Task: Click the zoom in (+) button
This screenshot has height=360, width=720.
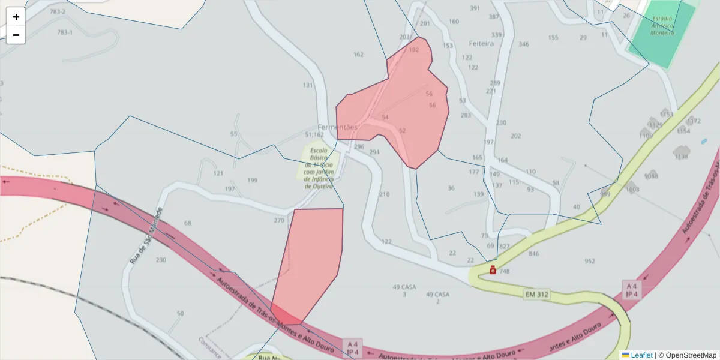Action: pyautogui.click(x=16, y=17)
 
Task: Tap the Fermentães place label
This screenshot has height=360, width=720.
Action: pyautogui.click(x=337, y=127)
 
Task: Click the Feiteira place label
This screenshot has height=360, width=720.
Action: pyautogui.click(x=481, y=44)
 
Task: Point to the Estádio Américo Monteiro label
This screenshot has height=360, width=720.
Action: pyautogui.click(x=662, y=25)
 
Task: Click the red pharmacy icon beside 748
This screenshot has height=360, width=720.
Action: pyautogui.click(x=493, y=271)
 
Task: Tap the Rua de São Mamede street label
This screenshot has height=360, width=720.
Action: pyautogui.click(x=146, y=236)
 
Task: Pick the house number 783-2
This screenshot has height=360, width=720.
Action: pyautogui.click(x=58, y=11)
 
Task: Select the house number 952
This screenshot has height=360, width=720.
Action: pyautogui.click(x=590, y=261)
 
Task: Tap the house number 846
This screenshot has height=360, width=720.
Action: pyautogui.click(x=533, y=254)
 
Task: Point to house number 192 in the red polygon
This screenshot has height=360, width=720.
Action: pyautogui.click(x=413, y=50)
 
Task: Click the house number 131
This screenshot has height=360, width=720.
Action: pyautogui.click(x=308, y=85)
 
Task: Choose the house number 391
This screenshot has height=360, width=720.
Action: pyautogui.click(x=475, y=8)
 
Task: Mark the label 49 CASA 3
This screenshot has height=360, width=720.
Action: pyautogui.click(x=404, y=290)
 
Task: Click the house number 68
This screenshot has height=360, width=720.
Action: pyautogui.click(x=188, y=223)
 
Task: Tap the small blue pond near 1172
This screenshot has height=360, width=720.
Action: pyautogui.click(x=704, y=142)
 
